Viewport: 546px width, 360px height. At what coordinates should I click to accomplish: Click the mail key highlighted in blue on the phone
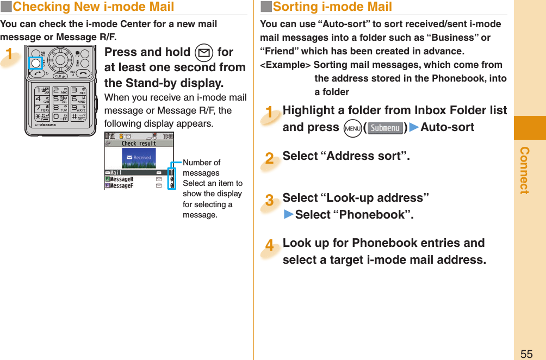[x=35, y=63]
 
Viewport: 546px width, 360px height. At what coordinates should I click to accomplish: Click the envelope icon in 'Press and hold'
[x=202, y=53]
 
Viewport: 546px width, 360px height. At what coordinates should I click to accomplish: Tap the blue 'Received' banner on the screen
[x=139, y=158]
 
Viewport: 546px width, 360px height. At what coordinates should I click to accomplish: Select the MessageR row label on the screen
[x=122, y=178]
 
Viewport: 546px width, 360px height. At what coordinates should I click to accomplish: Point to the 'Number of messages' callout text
[x=202, y=167]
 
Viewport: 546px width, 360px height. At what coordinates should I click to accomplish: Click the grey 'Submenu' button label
[x=385, y=128]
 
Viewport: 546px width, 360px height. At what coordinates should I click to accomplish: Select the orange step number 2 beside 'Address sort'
[x=269, y=158]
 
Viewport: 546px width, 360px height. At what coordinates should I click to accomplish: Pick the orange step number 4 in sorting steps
[x=269, y=246]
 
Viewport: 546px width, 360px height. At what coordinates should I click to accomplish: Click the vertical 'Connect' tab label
[x=524, y=170]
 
